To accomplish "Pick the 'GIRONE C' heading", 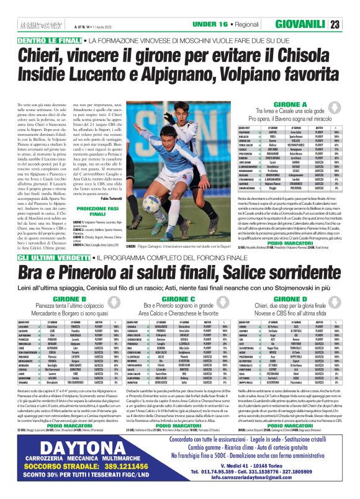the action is [x=179, y=298].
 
